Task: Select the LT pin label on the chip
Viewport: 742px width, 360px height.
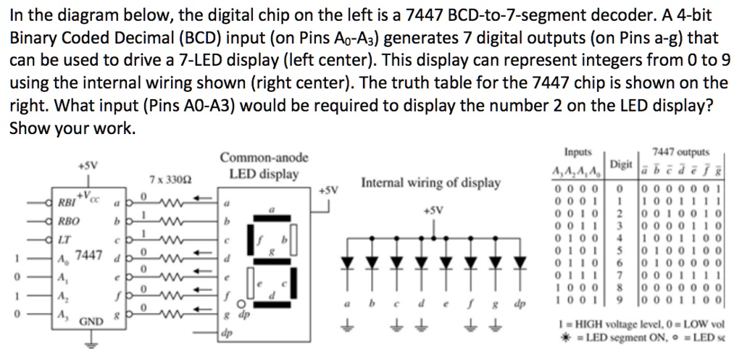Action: coord(66,238)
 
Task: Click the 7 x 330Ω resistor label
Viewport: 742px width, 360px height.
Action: coord(170,178)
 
